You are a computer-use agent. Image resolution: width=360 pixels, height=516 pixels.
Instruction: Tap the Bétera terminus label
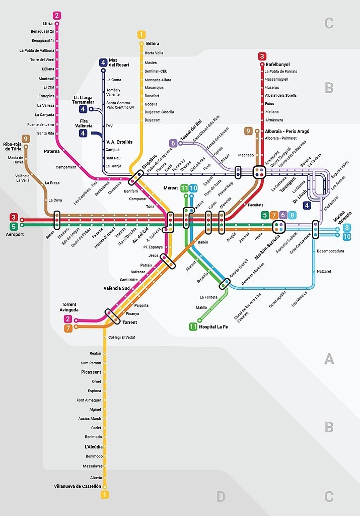pos(152,44)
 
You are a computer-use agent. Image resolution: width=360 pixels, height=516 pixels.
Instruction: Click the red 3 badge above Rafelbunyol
pos(262,56)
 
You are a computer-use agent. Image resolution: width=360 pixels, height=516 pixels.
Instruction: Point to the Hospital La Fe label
pos(213,327)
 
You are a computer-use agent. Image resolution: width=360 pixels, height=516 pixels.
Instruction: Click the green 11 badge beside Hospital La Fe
pos(193,327)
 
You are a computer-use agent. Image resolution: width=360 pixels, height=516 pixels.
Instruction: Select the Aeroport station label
pos(15,234)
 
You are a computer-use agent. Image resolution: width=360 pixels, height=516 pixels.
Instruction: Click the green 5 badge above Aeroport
pos(14,226)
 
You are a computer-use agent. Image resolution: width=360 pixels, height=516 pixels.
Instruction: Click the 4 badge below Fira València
pos(83,133)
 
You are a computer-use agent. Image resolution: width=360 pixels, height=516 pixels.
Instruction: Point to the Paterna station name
pos(51,150)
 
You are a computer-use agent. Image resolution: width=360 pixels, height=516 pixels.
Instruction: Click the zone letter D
pos(221,497)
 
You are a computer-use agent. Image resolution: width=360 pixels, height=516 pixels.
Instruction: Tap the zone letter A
pos(329,359)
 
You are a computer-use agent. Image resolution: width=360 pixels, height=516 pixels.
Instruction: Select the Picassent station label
pos(91,372)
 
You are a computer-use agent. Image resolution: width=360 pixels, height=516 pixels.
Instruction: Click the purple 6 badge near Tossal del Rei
pos(173,143)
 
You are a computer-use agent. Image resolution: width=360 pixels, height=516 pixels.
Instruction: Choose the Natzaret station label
pos(324,271)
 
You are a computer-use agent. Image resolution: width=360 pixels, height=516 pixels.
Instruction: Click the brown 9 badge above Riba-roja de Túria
pos(25,139)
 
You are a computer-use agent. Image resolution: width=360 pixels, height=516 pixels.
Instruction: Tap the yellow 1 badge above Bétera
pos(141,35)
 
